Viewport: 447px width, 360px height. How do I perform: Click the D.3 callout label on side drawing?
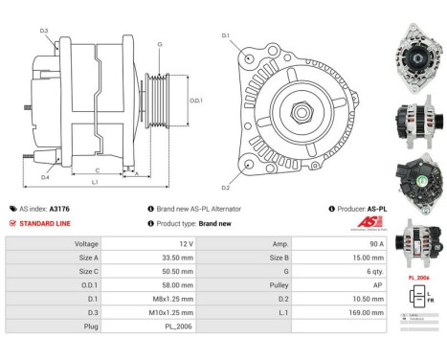(x=44, y=31)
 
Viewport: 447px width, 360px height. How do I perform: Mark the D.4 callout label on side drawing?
(x=45, y=177)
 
